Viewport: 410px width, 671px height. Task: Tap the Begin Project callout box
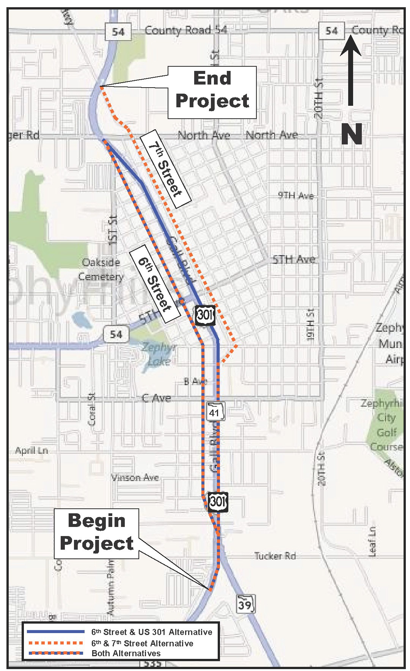97,532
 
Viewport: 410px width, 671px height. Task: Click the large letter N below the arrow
351,134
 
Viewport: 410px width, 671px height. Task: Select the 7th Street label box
165,168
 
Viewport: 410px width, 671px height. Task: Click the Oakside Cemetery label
101,270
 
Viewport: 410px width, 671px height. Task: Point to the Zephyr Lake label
156,353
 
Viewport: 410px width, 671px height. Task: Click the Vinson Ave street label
135,477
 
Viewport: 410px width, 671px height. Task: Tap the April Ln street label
32,451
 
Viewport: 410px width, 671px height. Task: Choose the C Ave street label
156,398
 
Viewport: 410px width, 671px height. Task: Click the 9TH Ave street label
296,196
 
